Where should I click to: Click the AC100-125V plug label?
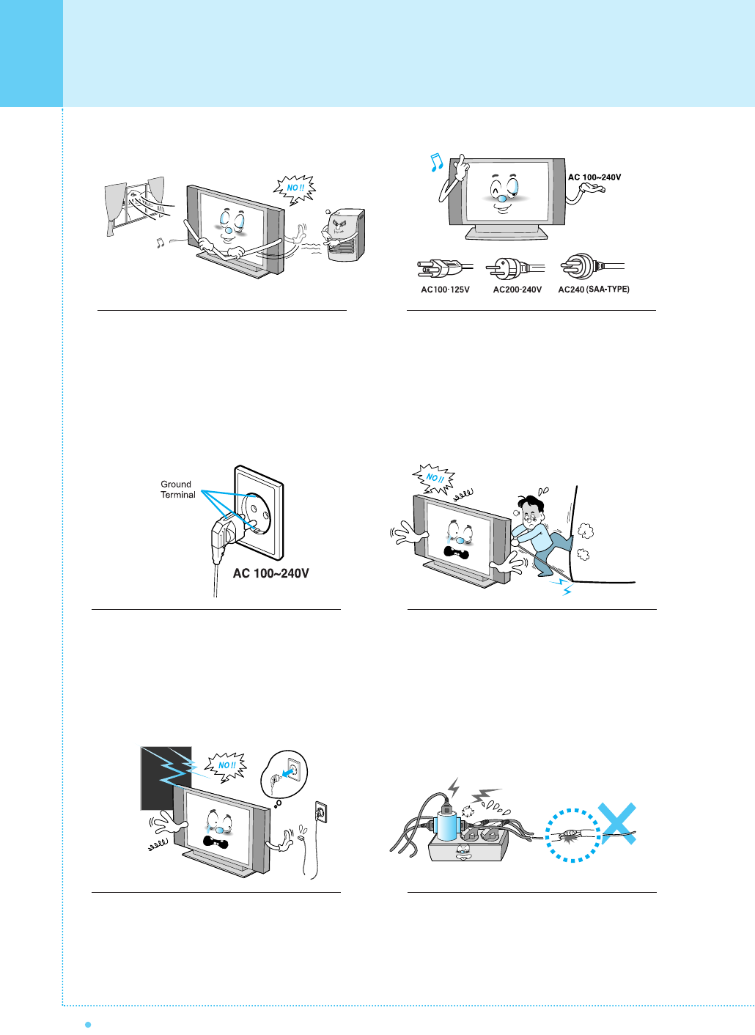click(445, 290)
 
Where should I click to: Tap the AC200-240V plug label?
click(518, 290)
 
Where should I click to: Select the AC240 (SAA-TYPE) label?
click(594, 290)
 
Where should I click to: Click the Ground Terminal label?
click(177, 490)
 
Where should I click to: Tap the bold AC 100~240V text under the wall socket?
click(270, 573)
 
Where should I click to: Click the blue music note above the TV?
click(436, 162)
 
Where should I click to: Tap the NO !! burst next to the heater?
click(295, 188)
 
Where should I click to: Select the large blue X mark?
click(616, 823)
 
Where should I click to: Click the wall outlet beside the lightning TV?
click(320, 811)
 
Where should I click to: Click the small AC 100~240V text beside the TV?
click(594, 177)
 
